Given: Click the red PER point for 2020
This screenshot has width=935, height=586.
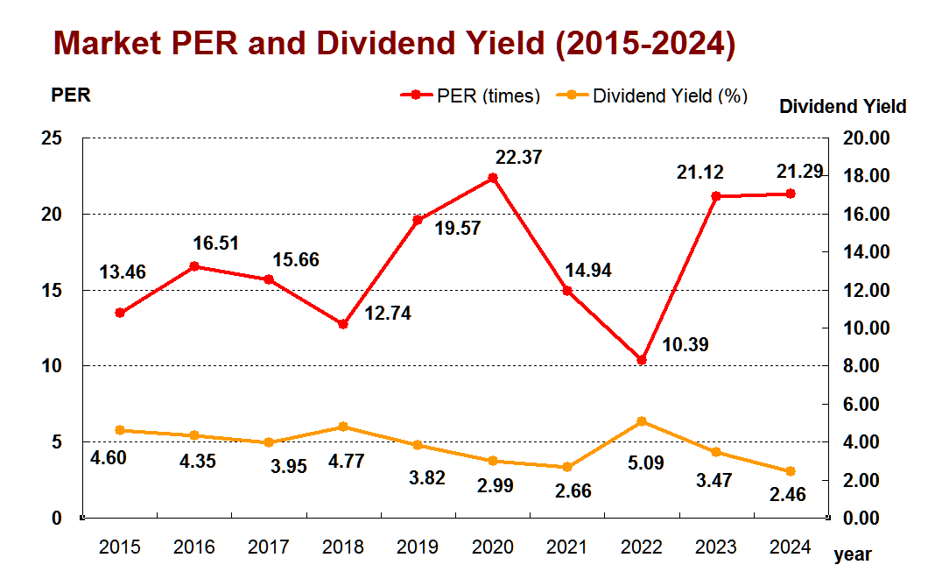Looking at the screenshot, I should pyautogui.click(x=492, y=178).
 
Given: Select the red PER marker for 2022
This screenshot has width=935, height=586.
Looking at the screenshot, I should pyautogui.click(x=642, y=360).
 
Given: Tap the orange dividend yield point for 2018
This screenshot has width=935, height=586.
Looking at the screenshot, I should pyautogui.click(x=343, y=427).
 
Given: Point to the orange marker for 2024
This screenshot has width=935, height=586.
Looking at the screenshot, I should pyautogui.click(x=791, y=471).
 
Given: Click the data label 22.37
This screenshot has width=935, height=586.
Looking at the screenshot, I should pyautogui.click(x=518, y=158).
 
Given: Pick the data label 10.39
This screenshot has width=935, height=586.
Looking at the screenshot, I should pyautogui.click(x=685, y=345).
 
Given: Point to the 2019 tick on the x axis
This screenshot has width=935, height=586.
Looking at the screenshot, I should pyautogui.click(x=418, y=548).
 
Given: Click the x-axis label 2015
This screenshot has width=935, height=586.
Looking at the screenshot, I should pyautogui.click(x=120, y=548).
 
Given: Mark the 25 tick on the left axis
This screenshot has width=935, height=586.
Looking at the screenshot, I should pyautogui.click(x=53, y=138).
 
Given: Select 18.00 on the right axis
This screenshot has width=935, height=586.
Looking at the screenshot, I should pyautogui.click(x=866, y=176).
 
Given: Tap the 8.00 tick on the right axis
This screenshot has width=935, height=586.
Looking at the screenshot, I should pyautogui.click(x=869, y=366).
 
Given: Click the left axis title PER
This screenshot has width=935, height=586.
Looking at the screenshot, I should pyautogui.click(x=71, y=95).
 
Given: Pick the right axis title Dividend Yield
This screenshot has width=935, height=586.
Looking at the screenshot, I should pyautogui.click(x=842, y=107).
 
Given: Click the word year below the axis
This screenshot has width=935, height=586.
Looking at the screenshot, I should pyautogui.click(x=852, y=554).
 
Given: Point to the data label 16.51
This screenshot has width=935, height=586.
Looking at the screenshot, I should pyautogui.click(x=216, y=243).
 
